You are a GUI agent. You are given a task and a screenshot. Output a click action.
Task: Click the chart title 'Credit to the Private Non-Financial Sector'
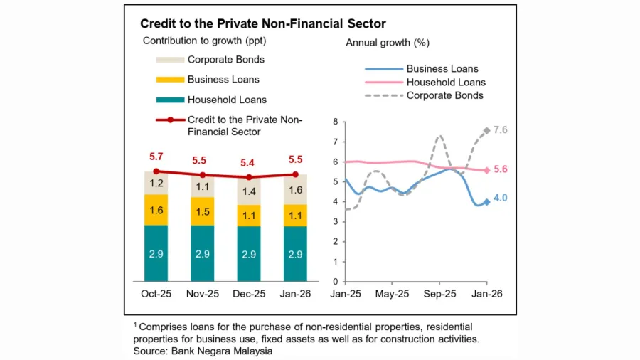[x=263, y=24]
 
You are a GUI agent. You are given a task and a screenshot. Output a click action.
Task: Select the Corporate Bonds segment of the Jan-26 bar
[x=296, y=189]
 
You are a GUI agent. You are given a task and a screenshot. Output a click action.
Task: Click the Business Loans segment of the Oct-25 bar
[x=156, y=210]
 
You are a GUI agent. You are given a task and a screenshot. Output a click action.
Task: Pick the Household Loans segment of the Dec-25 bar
[x=250, y=254]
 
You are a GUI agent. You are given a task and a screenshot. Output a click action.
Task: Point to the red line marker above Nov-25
[x=203, y=175]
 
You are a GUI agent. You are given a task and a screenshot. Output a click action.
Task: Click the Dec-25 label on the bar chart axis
[x=250, y=293]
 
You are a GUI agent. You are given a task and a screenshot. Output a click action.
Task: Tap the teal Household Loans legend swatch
[x=169, y=100]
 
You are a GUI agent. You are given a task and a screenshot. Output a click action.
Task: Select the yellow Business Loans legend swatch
[x=169, y=80]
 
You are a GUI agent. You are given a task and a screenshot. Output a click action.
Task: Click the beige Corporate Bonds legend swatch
[x=169, y=60]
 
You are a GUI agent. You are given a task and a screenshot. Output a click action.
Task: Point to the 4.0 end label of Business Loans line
[x=500, y=198]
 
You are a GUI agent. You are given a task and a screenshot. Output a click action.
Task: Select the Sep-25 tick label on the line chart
[x=439, y=293]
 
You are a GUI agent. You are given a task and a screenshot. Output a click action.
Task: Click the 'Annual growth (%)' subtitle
[x=387, y=43]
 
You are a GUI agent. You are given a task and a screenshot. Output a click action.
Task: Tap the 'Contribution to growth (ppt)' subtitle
[x=199, y=41]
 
